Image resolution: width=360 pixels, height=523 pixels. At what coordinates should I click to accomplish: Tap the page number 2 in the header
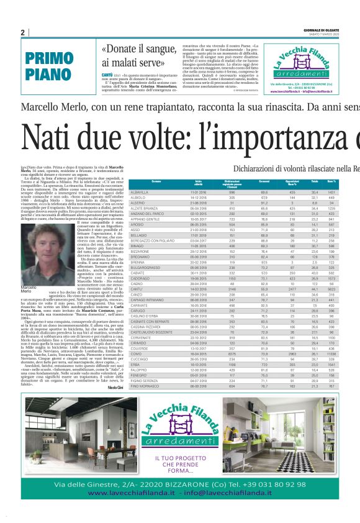23,32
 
